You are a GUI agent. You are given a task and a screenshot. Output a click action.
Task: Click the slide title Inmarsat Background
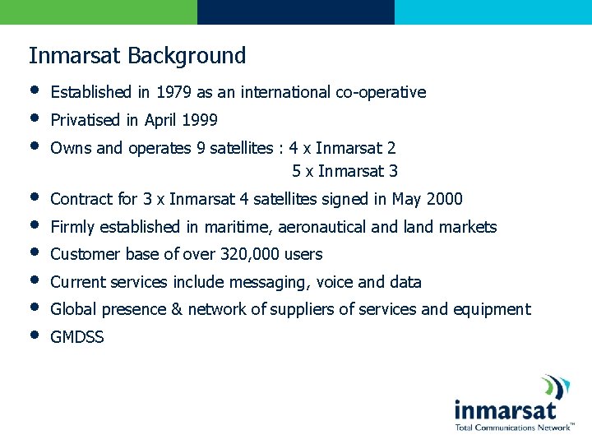point(137,56)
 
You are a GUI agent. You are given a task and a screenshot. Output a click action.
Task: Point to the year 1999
point(200,120)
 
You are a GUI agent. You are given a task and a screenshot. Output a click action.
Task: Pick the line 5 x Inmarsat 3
point(345,171)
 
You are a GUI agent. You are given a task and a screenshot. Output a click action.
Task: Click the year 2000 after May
point(445,199)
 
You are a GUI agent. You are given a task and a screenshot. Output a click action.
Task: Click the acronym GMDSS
point(77,337)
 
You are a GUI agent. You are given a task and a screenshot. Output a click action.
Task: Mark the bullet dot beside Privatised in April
point(34,118)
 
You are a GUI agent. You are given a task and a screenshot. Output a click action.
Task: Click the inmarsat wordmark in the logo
point(505,410)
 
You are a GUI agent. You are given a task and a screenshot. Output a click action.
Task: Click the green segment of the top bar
point(99,12)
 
